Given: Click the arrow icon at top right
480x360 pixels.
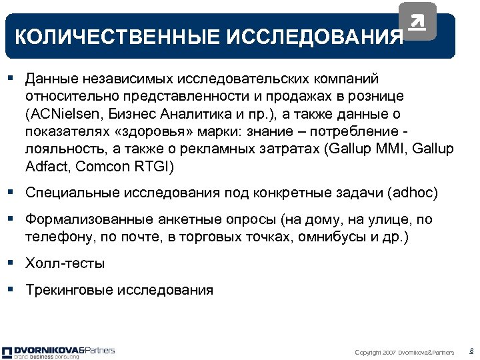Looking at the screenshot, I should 417,22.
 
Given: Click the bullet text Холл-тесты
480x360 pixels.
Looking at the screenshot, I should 65,263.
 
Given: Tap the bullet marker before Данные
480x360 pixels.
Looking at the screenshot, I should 11,78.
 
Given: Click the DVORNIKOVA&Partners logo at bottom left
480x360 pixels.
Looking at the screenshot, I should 59,351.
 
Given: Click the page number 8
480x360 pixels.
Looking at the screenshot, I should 471,351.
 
